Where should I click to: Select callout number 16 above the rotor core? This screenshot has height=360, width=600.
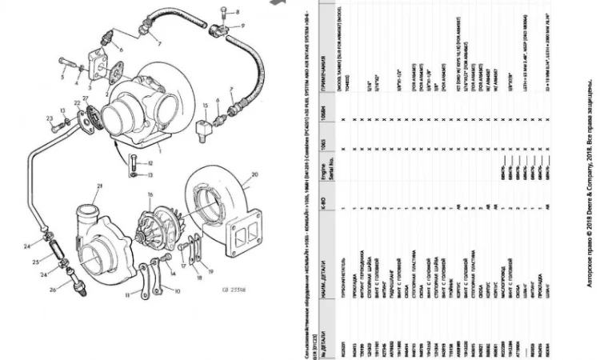[x=149, y=194]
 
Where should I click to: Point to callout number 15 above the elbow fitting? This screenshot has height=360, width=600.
[x=206, y=104]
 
